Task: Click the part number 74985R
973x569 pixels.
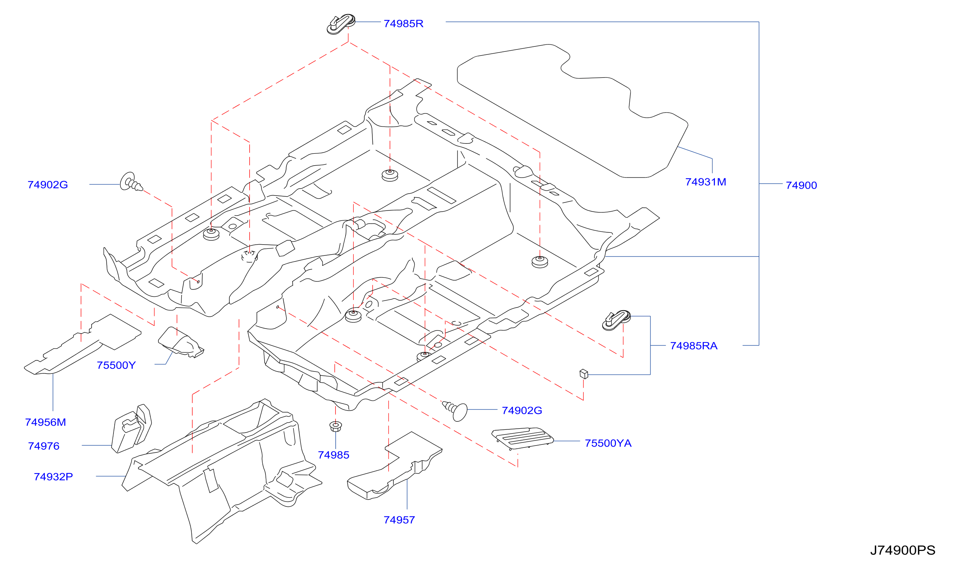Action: (403, 23)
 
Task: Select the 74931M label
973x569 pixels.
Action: (705, 182)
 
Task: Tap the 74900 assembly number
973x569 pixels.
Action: (801, 185)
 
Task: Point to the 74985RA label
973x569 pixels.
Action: (693, 346)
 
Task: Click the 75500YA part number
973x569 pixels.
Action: (608, 443)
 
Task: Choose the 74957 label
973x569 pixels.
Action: (399, 520)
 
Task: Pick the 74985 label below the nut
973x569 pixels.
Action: (333, 455)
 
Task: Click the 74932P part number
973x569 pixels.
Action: (53, 477)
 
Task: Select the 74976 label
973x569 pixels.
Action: (44, 446)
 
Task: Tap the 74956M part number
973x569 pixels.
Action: (46, 422)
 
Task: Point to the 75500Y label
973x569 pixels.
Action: (116, 365)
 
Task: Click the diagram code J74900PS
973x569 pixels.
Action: (902, 550)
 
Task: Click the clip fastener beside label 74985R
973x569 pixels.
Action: (341, 24)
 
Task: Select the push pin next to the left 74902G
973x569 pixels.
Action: (131, 182)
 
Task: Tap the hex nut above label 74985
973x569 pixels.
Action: (335, 426)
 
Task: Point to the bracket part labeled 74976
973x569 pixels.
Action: (131, 429)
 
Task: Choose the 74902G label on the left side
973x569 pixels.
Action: (48, 185)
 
